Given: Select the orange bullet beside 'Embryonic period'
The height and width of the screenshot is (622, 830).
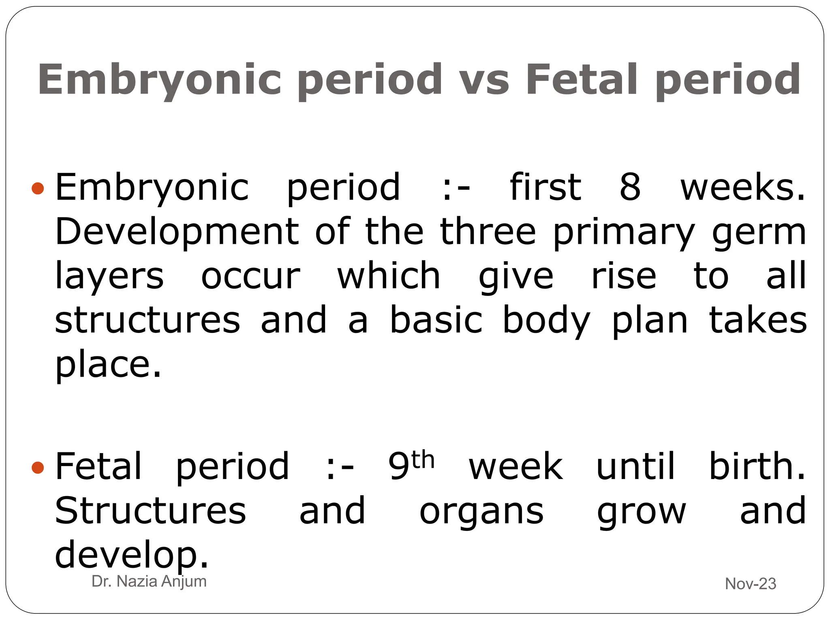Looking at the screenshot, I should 38,188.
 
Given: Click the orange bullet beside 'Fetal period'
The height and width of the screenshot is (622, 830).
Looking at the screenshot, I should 38,468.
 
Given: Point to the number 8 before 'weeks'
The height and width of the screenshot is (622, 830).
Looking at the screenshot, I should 630,187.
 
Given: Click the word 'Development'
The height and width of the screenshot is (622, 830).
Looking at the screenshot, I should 177,232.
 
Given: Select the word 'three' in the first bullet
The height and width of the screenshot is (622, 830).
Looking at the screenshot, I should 488,232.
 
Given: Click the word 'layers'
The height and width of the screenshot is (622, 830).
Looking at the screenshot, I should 109,277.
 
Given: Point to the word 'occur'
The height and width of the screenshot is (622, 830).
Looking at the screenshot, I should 250,277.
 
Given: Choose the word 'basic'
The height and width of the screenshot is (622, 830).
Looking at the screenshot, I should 436,320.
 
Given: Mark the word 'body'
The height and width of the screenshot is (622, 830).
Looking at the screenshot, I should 546,321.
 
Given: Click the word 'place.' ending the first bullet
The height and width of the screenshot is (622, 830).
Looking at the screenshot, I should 108,365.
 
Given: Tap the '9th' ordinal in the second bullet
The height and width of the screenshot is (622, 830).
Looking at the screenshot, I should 411,466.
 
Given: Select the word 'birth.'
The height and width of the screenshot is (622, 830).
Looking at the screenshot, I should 757,466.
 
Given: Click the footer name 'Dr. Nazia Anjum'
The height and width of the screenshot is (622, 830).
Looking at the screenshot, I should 149,582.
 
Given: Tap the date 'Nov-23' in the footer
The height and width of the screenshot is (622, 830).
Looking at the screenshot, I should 750,584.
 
